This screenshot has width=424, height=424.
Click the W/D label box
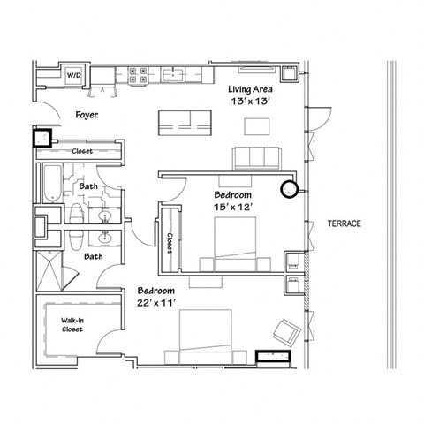[74, 76]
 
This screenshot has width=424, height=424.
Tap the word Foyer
[85, 115]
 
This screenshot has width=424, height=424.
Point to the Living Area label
[251, 88]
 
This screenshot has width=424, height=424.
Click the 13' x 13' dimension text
[251, 102]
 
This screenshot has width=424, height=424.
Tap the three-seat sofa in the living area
[255, 158]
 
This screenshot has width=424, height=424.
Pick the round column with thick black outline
[288, 188]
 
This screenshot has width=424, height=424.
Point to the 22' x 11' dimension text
[155, 302]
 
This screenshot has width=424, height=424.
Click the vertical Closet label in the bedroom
[169, 238]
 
